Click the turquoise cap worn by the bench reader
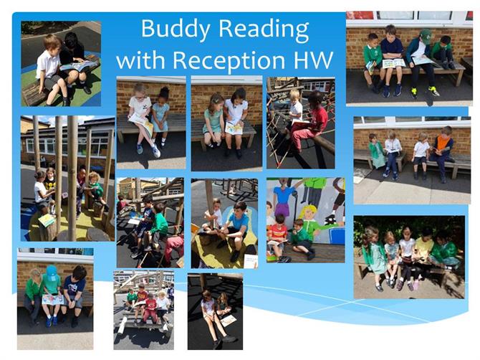point(52,272)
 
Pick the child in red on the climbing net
point(309,122)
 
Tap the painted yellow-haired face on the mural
point(307,213)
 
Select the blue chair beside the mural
point(337,236)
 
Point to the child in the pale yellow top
point(424,251)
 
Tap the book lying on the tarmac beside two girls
point(229,321)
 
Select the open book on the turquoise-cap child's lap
point(52,299)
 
